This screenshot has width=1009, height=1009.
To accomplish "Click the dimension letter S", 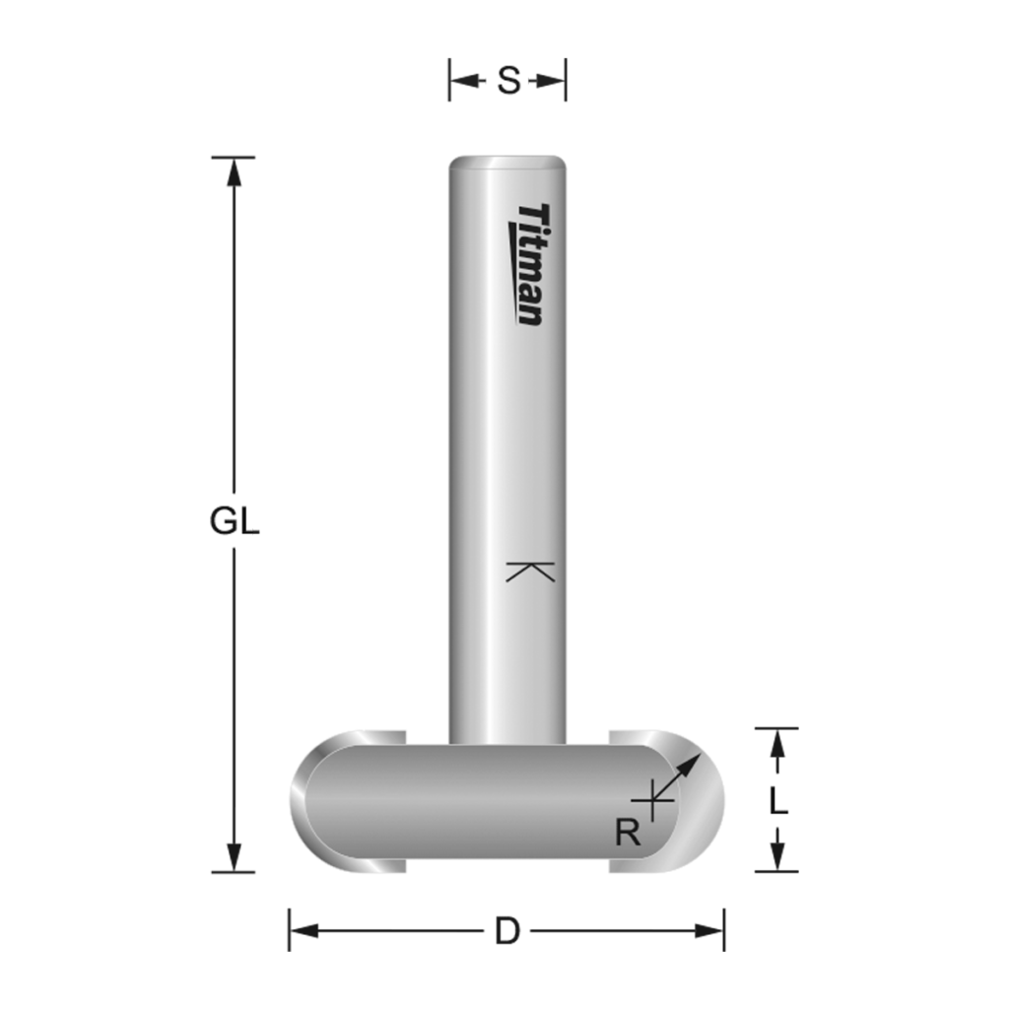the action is pyautogui.click(x=507, y=80).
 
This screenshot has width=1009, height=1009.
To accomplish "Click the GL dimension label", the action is pyautogui.click(x=234, y=521).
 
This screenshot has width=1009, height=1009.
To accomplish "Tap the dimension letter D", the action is pyautogui.click(x=506, y=931).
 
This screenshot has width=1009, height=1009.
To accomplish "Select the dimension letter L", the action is pyautogui.click(x=778, y=801).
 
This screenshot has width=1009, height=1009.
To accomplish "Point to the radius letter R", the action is pyautogui.click(x=628, y=834).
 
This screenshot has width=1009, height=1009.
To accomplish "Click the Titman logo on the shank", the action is pyautogui.click(x=529, y=264).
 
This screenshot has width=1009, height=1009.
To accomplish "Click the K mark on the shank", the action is pyautogui.click(x=530, y=571).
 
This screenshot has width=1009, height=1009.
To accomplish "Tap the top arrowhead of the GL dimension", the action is pyautogui.click(x=234, y=170).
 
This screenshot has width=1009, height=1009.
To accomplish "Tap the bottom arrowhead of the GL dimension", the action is pyautogui.click(x=234, y=858).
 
